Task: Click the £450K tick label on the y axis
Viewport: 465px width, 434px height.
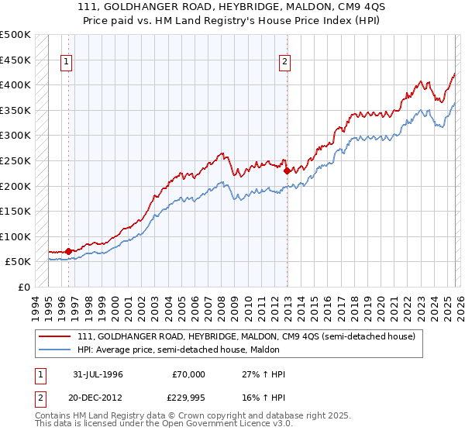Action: click(15, 60)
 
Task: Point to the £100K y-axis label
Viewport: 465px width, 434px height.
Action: click(15, 236)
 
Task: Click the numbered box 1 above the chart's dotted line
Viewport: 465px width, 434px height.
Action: click(67, 63)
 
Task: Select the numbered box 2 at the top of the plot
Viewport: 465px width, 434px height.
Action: click(285, 63)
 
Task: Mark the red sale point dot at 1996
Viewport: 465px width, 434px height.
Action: click(69, 251)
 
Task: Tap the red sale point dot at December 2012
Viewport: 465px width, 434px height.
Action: click(287, 170)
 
